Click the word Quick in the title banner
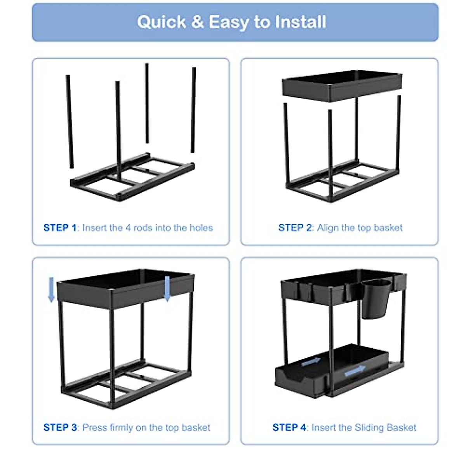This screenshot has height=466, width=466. pos(161,22)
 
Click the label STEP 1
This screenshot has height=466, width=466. pos(60,228)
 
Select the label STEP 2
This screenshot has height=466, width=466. pos(295,228)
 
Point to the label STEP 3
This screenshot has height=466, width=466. pos(61,428)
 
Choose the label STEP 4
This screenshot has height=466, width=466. pos(290,428)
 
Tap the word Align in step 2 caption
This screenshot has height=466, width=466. pos(328,228)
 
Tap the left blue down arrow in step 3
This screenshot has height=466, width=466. pos(51,289)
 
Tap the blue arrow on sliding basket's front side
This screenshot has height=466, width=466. pos(355,371)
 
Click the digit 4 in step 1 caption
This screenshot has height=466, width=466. pos(128,228)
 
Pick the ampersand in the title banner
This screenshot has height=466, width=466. pos(197,22)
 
